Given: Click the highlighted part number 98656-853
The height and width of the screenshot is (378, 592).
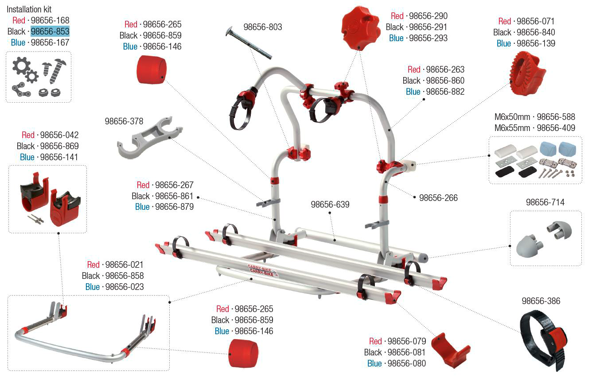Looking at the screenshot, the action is point(50,31).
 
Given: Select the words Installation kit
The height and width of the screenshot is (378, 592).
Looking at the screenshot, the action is point(29,9).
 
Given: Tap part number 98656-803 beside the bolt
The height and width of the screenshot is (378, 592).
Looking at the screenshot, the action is point(263,27).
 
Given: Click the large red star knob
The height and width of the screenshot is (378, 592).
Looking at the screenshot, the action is point(361,28).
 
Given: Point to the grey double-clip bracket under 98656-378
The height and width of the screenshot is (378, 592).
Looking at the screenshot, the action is point(150,137).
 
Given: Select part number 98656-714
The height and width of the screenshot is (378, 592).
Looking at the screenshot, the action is point(545,202).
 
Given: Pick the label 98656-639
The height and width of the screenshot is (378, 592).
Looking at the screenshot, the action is point(330,204).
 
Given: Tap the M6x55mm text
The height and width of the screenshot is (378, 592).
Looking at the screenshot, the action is point(512,128).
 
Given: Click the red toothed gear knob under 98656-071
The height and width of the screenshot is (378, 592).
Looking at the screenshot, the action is point(527,73).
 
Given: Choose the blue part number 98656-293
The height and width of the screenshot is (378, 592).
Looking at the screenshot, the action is point(428,38).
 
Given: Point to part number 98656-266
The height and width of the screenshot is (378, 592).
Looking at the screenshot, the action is point(438,198).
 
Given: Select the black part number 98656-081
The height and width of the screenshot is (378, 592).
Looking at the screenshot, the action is point(406,352).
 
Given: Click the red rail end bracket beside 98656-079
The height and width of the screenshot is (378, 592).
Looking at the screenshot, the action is point(450,350).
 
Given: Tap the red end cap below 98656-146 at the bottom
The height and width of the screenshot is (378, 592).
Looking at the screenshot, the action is point(243,354).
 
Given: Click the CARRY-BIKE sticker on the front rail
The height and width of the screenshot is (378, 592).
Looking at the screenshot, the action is point(263,270).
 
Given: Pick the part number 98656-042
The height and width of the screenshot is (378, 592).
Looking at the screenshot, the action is point(59,135).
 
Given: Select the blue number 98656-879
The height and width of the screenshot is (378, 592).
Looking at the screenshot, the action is point(175,207).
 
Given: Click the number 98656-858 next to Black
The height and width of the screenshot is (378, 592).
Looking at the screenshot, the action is point(125,276).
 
